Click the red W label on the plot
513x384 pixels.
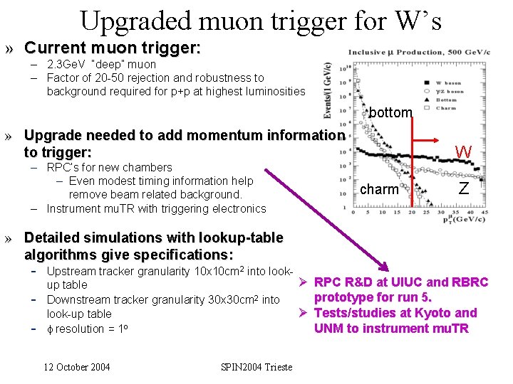(464, 151)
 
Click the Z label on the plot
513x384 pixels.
(464, 188)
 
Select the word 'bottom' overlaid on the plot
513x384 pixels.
(390, 112)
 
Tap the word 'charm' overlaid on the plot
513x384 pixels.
(379, 189)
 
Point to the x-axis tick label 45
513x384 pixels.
(484, 212)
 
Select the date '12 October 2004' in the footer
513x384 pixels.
(77, 367)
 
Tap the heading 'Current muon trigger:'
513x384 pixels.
(113, 48)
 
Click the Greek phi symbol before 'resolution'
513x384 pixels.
(50, 329)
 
